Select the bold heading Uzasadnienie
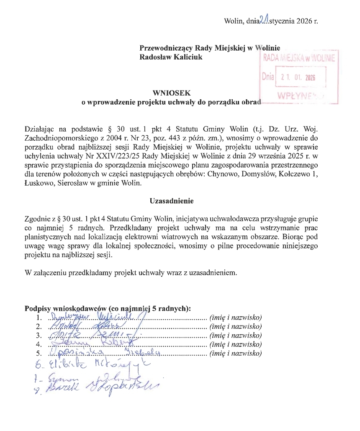[x=171, y=201]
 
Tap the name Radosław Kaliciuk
[x=171, y=57]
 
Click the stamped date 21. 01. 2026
[x=298, y=77]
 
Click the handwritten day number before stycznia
[x=264, y=19]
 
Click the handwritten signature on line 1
[x=96, y=316]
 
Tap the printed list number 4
[x=39, y=345]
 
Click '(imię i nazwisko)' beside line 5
[x=235, y=354]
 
